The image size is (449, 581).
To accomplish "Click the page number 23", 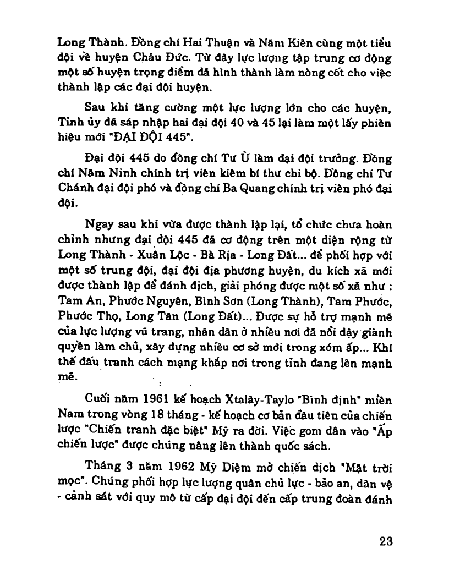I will [385, 540].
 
